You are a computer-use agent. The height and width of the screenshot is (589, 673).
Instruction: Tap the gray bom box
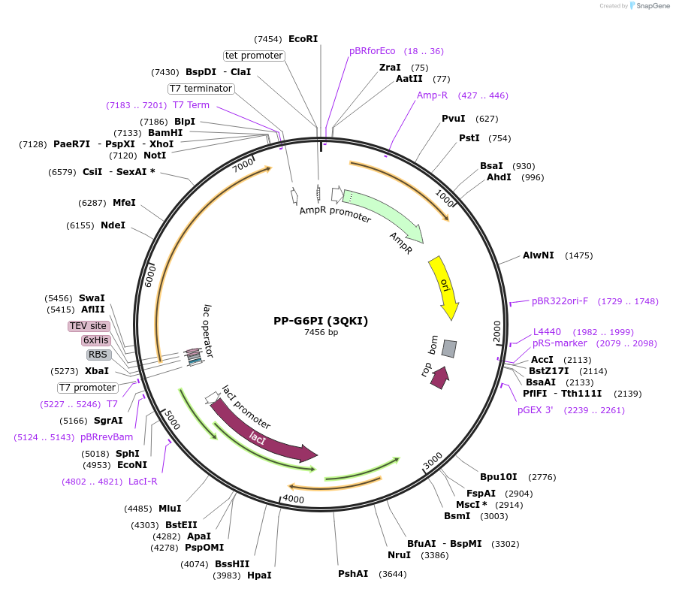(449, 349)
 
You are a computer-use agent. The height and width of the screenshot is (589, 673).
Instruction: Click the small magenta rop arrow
(440, 378)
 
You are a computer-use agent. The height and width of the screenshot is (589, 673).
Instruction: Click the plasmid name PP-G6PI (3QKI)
(321, 321)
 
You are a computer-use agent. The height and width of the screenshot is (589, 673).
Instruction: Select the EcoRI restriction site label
(303, 39)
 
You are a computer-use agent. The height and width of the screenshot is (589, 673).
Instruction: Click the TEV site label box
(89, 326)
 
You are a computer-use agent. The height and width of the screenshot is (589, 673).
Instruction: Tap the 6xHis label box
(95, 340)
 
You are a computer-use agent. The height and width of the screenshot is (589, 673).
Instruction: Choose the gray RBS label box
(98, 355)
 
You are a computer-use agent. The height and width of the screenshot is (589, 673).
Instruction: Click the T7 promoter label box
(88, 388)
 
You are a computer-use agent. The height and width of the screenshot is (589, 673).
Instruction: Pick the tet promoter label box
(254, 56)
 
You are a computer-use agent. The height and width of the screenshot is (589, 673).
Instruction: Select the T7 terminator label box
(201, 89)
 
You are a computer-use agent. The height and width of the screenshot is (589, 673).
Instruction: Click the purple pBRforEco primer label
(372, 51)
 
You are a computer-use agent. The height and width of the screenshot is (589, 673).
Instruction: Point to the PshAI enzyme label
(353, 574)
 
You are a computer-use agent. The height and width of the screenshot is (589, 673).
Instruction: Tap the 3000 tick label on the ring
(433, 461)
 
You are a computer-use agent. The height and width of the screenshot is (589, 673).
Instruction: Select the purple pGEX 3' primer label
(536, 410)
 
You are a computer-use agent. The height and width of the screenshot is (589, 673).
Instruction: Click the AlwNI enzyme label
(539, 255)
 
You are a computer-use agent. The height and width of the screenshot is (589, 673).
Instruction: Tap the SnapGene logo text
(653, 5)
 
